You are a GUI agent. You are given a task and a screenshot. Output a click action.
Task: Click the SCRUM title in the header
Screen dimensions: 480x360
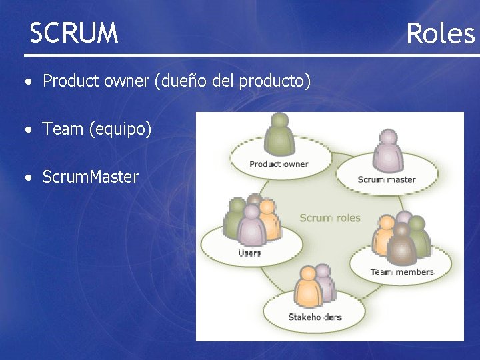click(x=74, y=33)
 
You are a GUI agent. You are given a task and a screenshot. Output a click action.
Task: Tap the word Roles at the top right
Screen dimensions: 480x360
click(x=440, y=33)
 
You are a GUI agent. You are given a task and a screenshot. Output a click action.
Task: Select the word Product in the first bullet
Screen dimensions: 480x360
click(x=70, y=81)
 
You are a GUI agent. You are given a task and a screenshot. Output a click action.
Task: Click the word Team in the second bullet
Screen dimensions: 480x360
click(x=63, y=129)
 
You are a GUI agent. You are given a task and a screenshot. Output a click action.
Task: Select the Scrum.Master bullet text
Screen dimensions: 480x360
click(x=90, y=177)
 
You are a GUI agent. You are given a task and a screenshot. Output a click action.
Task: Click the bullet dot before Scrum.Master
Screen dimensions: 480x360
click(x=27, y=178)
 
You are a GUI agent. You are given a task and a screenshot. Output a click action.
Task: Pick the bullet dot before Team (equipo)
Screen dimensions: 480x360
click(x=27, y=130)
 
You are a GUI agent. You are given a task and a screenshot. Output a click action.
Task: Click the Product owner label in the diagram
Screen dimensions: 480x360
click(x=279, y=163)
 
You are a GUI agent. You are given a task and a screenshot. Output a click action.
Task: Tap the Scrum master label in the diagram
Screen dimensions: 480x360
click(x=387, y=179)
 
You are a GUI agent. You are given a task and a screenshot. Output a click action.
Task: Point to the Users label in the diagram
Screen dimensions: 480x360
click(x=249, y=253)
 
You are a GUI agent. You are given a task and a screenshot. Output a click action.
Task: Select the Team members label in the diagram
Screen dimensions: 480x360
click(x=402, y=271)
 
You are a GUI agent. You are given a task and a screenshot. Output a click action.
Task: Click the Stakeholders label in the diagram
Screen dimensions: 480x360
click(x=314, y=317)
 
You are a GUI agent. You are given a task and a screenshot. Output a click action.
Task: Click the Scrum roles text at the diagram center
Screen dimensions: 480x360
click(x=329, y=217)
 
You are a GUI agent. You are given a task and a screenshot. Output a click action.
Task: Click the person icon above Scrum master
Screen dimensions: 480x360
click(x=387, y=151)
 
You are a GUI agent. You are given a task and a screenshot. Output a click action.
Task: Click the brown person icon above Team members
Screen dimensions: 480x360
click(x=401, y=244)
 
